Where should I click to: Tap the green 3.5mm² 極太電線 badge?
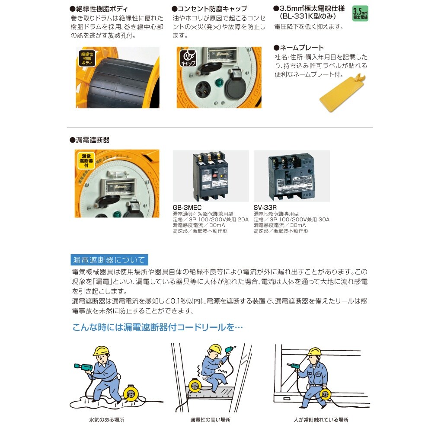point(360,14)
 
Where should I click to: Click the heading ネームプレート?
point(302,48)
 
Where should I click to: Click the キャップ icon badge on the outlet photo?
point(188,58)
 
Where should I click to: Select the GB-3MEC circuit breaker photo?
point(211,176)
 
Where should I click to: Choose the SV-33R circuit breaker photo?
point(291,176)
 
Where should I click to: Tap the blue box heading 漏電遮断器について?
point(109,260)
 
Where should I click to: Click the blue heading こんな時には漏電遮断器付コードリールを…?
point(157,327)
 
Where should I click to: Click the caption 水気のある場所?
point(103,420)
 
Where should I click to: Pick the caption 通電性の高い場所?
point(210,420)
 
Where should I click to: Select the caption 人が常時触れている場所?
point(320,420)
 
